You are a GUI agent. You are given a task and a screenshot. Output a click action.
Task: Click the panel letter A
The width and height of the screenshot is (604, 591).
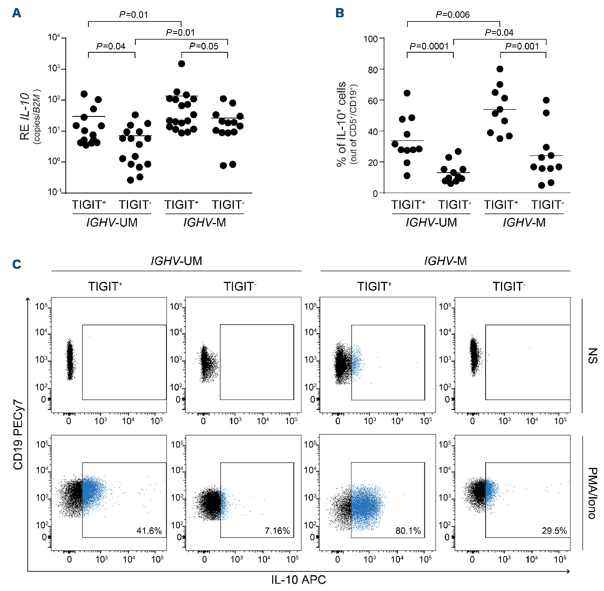point(17,13)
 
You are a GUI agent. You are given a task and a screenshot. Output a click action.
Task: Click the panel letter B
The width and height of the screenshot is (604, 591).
point(339,13)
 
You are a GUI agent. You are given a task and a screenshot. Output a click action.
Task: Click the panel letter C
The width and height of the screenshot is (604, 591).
point(17,264)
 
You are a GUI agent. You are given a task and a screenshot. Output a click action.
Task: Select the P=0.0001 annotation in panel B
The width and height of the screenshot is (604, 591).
point(429,47)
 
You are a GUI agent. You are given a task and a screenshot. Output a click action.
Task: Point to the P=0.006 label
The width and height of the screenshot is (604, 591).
point(453,15)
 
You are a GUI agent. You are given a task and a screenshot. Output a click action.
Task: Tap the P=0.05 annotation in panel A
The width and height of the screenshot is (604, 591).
point(204,47)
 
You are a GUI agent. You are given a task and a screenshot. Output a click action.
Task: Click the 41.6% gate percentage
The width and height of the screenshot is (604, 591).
point(149,531)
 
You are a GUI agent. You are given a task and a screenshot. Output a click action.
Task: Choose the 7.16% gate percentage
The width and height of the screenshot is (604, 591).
point(277,531)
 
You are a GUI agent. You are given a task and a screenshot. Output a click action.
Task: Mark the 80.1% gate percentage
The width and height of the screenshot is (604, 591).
point(408,531)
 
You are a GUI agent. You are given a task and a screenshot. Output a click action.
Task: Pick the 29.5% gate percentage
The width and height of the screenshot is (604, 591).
point(554,531)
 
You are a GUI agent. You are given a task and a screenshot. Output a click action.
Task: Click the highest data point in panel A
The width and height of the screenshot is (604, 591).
point(181,63)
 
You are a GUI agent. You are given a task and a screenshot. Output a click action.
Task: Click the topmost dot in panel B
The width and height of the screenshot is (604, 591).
point(500,69)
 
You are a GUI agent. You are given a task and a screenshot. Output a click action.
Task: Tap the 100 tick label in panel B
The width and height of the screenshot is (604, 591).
point(371,39)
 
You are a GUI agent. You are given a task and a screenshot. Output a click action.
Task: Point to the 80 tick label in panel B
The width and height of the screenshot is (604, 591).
point(373,70)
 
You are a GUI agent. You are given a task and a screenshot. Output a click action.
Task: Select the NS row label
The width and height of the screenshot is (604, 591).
point(593,356)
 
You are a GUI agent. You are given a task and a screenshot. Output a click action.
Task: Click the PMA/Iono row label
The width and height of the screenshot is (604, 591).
point(593,493)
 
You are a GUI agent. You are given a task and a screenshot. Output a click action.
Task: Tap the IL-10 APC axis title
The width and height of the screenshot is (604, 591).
point(298,579)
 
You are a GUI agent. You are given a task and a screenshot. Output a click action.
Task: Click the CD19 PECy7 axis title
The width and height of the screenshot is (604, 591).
point(18,434)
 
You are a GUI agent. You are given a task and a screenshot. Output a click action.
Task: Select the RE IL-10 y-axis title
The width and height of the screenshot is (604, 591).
point(25,116)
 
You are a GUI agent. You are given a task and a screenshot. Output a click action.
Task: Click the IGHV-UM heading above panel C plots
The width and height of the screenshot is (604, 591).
point(176,261)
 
